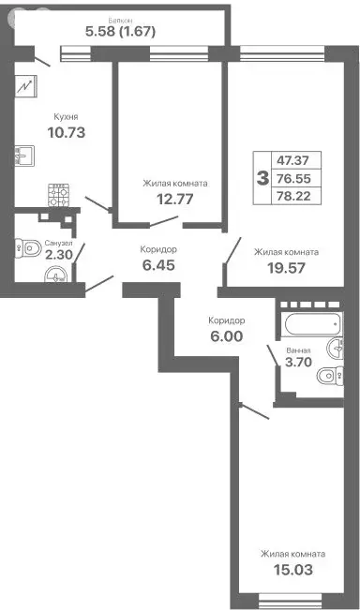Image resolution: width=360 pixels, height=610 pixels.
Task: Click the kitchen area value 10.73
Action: [67, 132]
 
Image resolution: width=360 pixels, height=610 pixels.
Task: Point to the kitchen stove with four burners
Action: [62, 195]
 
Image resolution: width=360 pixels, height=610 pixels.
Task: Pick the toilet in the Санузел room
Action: [25, 248]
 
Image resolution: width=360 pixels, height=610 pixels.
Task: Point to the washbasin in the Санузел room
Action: [57, 275]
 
